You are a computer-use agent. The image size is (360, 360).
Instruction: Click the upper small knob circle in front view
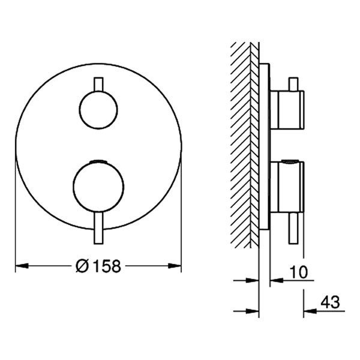(x=98, y=109)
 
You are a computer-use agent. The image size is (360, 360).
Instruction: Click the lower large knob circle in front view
(x=98, y=187)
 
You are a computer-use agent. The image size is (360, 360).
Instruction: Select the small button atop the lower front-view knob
(x=99, y=161)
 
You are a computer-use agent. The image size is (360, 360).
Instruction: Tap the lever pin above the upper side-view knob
(x=293, y=83)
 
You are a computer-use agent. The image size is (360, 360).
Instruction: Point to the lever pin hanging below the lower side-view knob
(x=293, y=228)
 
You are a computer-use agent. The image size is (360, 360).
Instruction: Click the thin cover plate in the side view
(x=265, y=144)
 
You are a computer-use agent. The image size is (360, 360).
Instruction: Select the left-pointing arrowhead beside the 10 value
(x=275, y=280)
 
